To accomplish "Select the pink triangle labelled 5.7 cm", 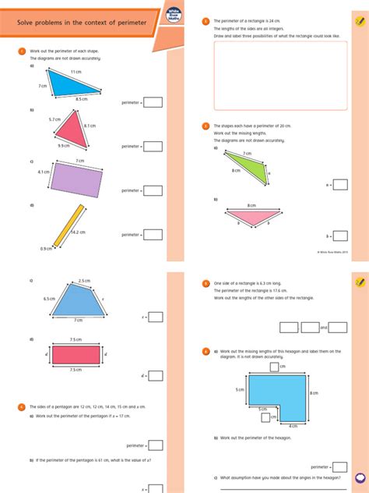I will (73, 128).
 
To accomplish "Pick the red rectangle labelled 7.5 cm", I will (76, 354).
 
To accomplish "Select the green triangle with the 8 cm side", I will (256, 170).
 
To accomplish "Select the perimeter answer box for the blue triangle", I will (153, 101).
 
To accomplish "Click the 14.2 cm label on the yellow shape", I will (78, 232).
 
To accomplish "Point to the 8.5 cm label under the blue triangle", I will (82, 99).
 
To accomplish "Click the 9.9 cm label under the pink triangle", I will (62, 145).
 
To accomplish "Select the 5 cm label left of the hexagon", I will (241, 388).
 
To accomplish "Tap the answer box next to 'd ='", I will (156, 375).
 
